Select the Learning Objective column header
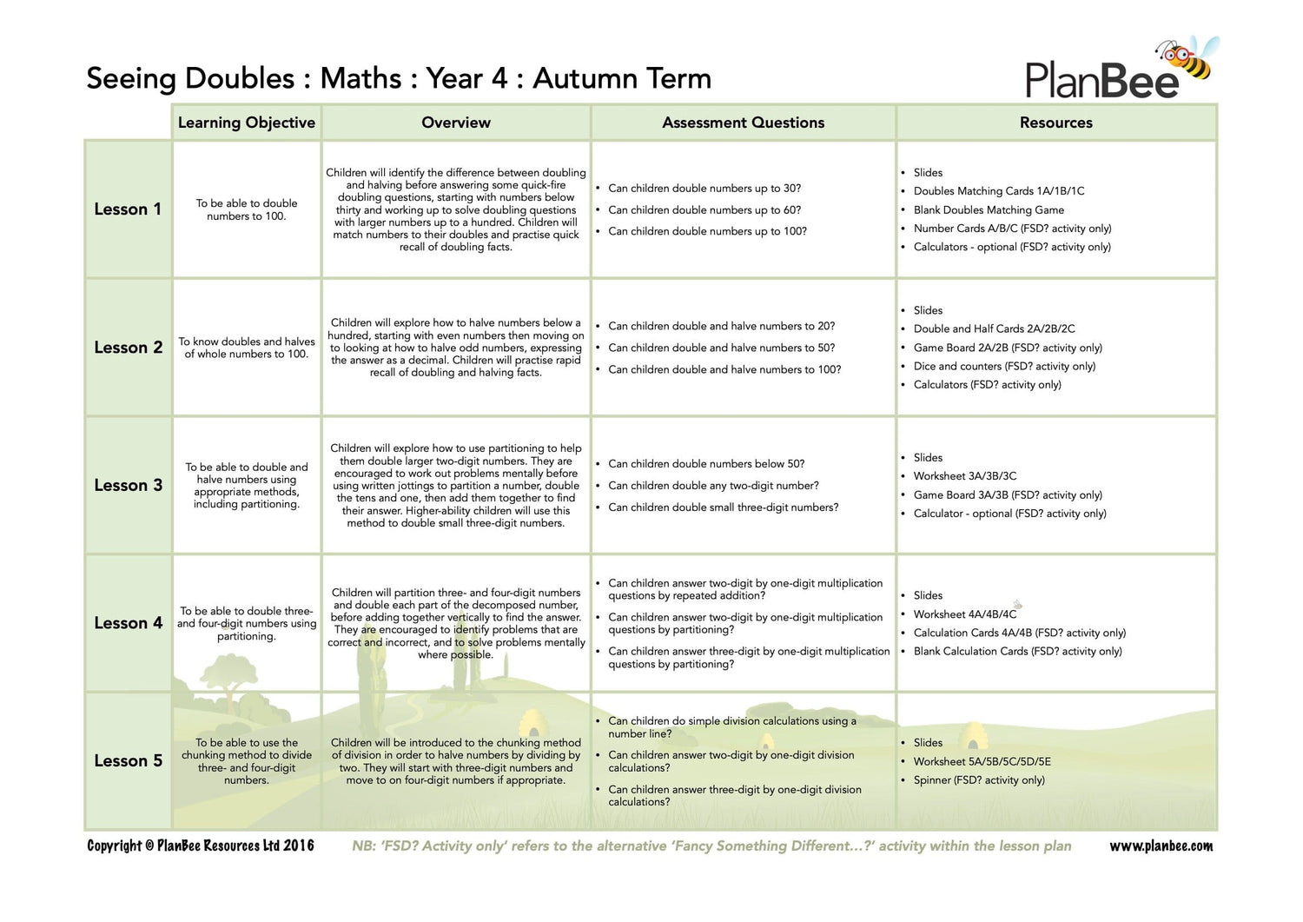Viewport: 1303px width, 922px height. (246, 123)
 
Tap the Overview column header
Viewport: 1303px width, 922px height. (455, 123)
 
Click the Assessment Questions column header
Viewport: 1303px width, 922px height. (743, 123)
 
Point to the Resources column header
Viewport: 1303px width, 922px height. (1055, 123)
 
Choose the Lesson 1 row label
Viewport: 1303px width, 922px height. (128, 209)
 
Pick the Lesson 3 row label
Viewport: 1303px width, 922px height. (128, 485)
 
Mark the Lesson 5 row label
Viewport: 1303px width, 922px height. (128, 760)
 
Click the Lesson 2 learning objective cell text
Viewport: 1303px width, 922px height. (247, 348)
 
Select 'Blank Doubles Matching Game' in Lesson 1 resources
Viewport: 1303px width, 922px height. (989, 209)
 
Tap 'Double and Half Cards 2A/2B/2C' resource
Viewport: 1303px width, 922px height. (994, 328)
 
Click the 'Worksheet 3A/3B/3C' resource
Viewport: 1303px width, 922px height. (964, 476)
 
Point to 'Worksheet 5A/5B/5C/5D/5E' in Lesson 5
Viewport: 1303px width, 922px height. (982, 761)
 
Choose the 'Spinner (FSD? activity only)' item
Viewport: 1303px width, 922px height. (979, 780)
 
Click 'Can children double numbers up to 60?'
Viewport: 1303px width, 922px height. (704, 209)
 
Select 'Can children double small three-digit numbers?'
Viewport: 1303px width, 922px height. (723, 507)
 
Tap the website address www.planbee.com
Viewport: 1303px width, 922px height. (1161, 846)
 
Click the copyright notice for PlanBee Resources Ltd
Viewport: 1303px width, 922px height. (201, 846)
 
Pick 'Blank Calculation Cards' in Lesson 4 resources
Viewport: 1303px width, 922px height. (1017, 651)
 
